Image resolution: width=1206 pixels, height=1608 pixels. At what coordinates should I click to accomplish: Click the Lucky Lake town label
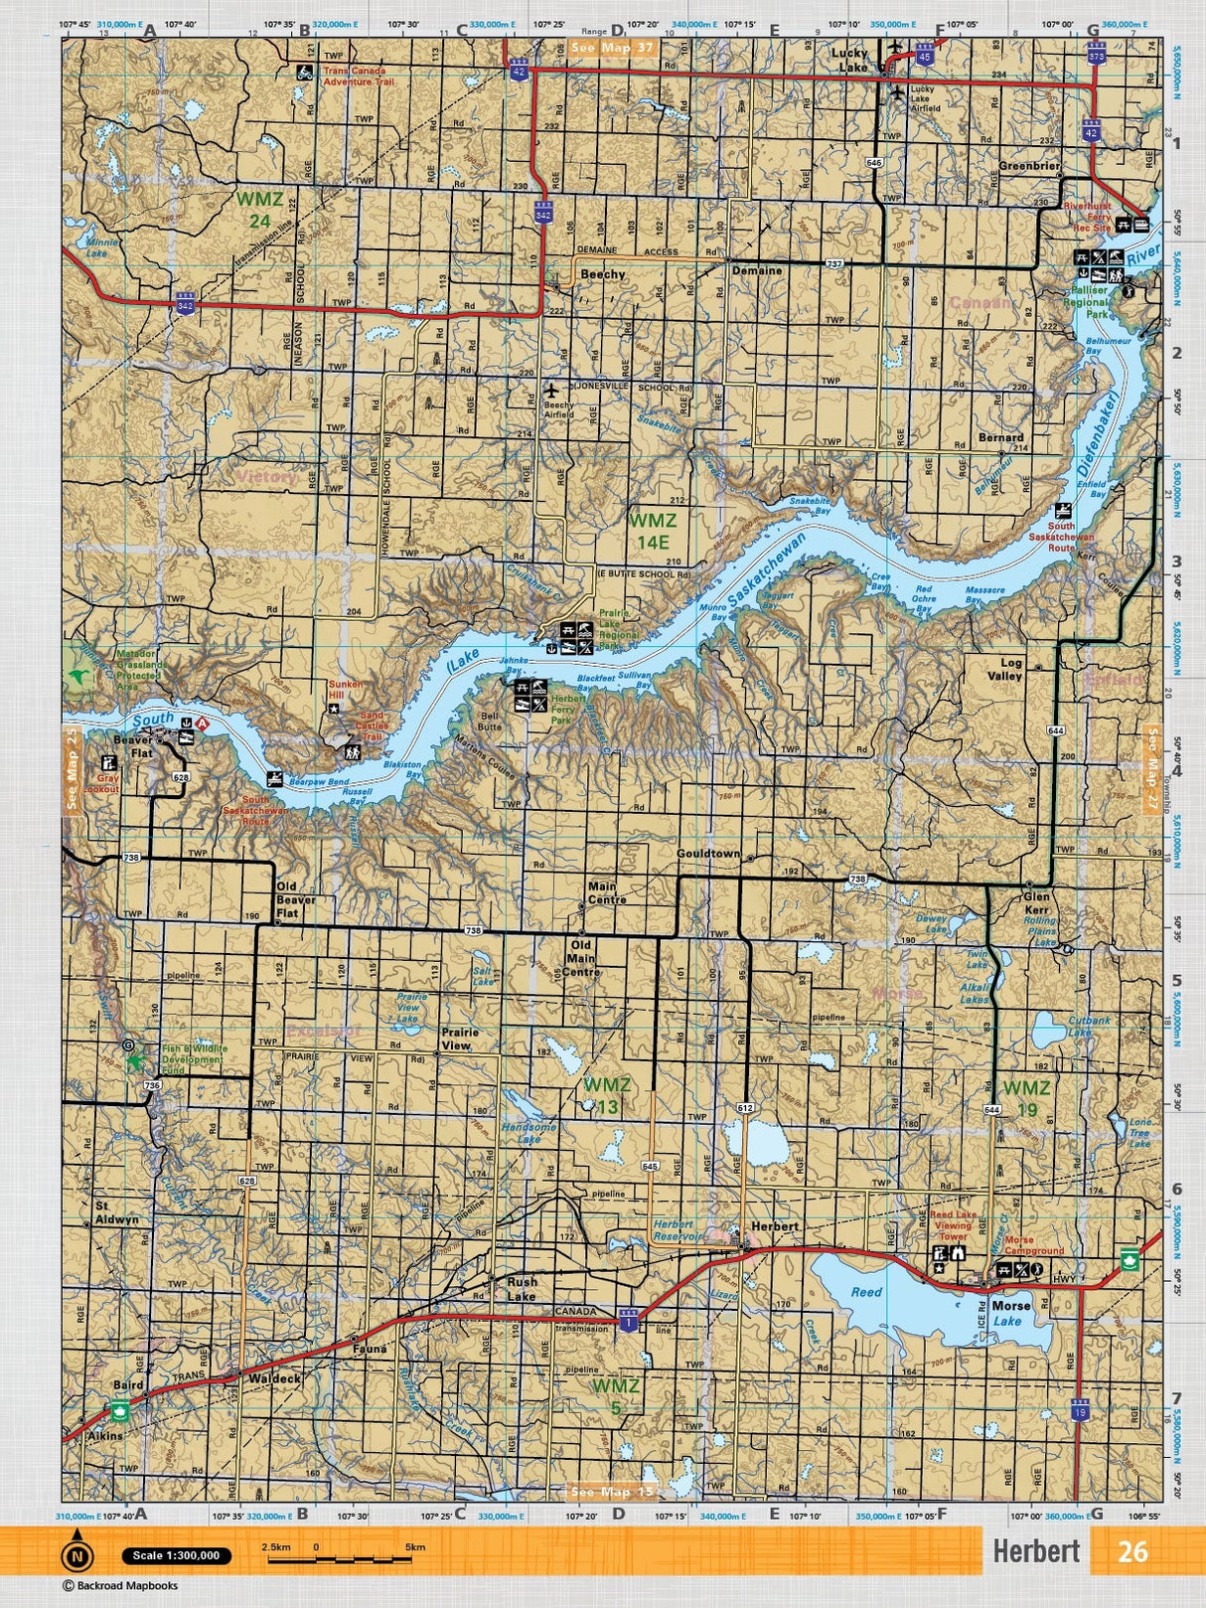[x=849, y=60]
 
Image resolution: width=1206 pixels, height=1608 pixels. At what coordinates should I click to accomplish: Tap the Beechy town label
[x=603, y=274]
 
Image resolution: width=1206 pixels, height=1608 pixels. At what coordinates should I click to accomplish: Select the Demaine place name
[x=757, y=270]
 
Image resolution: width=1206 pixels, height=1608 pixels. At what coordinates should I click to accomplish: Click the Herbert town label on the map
[x=775, y=1226]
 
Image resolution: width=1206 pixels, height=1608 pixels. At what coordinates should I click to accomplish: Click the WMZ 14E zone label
[x=653, y=530]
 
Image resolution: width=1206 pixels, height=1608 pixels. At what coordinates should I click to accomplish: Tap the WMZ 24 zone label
[x=253, y=208]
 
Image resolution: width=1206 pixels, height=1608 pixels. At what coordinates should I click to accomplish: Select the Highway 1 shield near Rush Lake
[x=628, y=1322]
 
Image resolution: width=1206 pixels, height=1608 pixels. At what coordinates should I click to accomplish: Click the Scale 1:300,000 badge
[x=176, y=1556]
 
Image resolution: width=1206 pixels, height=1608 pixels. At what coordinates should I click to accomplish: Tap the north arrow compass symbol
[x=76, y=1554]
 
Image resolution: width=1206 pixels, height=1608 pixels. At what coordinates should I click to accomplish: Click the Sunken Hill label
[x=347, y=691]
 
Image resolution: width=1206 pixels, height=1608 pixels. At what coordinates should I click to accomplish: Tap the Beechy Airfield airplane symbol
[x=553, y=392]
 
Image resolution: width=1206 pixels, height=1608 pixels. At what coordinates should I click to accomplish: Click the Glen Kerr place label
[x=1036, y=901]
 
